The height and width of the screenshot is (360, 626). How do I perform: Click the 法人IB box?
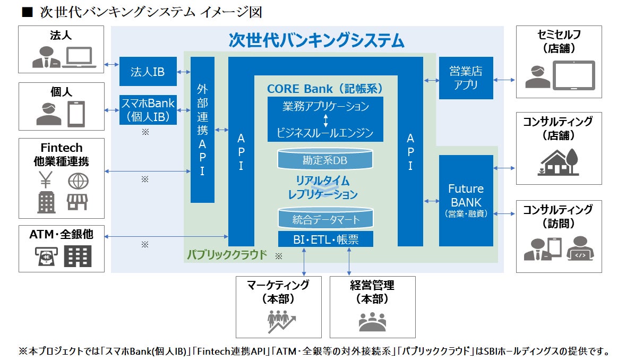[x=148, y=71]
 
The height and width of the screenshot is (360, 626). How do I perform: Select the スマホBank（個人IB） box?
[x=148, y=109]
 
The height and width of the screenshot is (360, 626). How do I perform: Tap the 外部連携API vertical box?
[x=202, y=130]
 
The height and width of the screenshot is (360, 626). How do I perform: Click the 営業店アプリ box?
[x=466, y=78]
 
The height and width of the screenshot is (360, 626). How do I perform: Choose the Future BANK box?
[x=466, y=200]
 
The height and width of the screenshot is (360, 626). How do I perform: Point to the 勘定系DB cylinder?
[x=325, y=159]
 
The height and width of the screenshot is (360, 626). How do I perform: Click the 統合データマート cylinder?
[x=325, y=219]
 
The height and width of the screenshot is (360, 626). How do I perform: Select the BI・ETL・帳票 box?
[x=325, y=239]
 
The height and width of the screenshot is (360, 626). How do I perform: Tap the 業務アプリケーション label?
[x=325, y=106]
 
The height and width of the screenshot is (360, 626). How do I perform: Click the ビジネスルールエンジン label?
[x=325, y=132]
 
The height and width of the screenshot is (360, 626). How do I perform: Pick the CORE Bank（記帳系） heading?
[x=325, y=88]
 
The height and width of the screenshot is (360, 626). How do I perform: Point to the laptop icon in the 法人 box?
[x=79, y=58]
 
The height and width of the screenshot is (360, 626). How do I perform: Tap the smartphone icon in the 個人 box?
[x=75, y=114]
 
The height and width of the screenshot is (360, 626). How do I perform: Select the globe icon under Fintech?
[x=78, y=182]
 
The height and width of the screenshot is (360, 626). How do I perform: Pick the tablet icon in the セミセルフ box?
[x=573, y=75]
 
